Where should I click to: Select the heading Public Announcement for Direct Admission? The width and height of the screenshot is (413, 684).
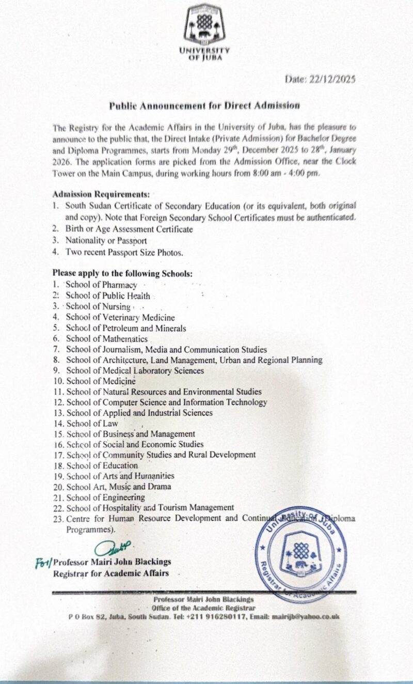204,105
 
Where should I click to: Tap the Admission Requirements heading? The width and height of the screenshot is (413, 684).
101,195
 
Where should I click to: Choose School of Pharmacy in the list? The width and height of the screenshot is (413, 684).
101,285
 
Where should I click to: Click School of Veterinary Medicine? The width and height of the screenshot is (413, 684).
120,317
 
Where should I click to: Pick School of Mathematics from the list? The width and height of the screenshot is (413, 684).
107,339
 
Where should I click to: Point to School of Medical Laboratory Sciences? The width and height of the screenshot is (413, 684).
135,370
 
